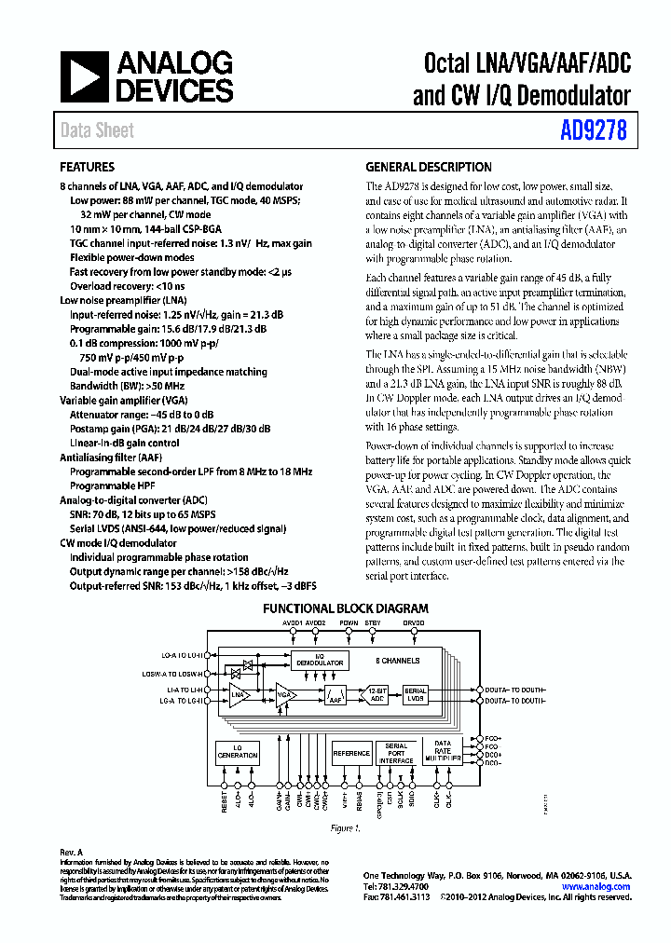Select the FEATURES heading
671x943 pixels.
[88, 168]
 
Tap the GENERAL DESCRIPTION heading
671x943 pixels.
[428, 168]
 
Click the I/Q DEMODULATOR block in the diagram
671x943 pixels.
[320, 661]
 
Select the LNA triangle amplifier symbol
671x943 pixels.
[237, 693]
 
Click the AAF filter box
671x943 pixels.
[335, 694]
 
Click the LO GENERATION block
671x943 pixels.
[238, 752]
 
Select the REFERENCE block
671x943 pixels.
[351, 753]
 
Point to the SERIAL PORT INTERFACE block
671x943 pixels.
[396, 753]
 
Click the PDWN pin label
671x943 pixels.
[349, 622]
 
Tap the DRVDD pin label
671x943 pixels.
[414, 622]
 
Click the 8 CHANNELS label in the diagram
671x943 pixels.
[398, 661]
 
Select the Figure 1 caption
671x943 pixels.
[344, 828]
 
